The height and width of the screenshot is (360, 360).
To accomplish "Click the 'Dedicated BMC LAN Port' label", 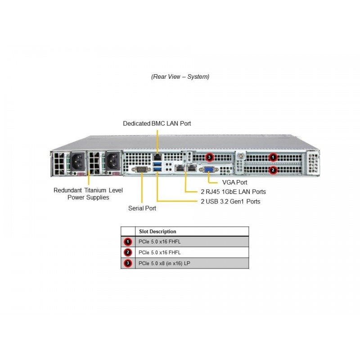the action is click(157, 123).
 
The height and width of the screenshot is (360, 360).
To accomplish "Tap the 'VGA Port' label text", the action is click(234, 183).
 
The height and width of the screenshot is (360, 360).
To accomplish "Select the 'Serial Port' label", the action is click(142, 208).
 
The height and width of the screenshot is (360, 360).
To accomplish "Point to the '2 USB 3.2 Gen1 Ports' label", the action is click(230, 202).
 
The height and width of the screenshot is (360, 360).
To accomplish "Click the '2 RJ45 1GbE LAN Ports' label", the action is click(233, 192).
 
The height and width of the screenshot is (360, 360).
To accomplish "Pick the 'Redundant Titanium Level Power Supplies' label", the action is click(88, 194).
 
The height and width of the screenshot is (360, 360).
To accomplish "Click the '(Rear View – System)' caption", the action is click(180, 76).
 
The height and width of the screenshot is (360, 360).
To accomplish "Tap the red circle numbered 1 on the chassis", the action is click(273, 157).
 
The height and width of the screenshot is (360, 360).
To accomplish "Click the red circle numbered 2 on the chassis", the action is click(273, 170).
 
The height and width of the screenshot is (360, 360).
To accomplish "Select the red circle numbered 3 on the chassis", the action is click(209, 157).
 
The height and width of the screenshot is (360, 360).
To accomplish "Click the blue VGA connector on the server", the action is click(209, 170).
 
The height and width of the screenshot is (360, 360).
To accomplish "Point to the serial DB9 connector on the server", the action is click(141, 170).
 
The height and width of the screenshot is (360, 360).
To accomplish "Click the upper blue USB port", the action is click(157, 164).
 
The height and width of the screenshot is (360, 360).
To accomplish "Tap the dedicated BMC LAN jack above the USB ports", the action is click(157, 157).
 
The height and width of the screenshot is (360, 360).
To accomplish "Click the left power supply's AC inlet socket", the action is click(77, 162).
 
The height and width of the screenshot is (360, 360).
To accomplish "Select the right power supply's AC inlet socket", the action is click(112, 162).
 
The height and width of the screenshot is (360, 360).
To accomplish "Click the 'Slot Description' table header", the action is click(157, 231).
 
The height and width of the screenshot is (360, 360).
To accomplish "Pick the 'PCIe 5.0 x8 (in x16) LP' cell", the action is click(164, 263).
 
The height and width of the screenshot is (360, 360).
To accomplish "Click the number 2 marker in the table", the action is click(128, 252).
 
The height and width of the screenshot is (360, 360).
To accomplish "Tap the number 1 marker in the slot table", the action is click(128, 242).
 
